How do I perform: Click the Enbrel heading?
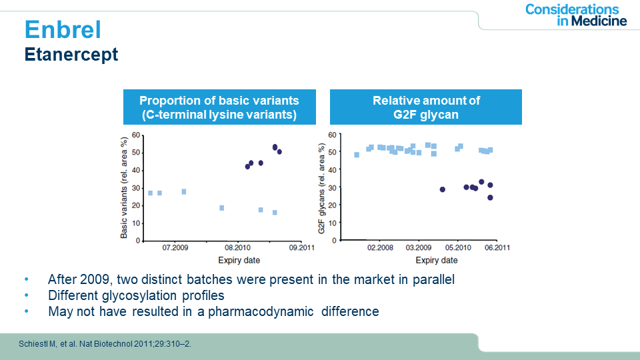click(x=63, y=29)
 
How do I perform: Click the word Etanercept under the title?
click(x=71, y=54)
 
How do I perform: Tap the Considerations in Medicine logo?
click(x=576, y=15)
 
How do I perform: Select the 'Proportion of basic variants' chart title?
click(x=219, y=107)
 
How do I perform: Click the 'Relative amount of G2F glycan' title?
click(x=426, y=107)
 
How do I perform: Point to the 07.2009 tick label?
click(x=175, y=248)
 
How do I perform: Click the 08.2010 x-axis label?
click(x=237, y=248)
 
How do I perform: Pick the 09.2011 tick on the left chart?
click(x=301, y=248)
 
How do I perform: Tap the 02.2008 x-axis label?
click(x=380, y=248)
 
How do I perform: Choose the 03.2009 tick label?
click(x=419, y=248)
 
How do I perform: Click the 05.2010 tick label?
click(x=458, y=248)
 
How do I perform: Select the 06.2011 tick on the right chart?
click(x=497, y=248)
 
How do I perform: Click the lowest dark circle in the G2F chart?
click(x=490, y=197)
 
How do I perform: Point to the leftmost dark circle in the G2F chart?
click(x=443, y=189)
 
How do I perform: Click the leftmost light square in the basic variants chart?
click(x=150, y=193)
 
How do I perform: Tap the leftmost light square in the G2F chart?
click(x=357, y=155)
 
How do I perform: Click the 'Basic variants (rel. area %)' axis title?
click(x=124, y=187)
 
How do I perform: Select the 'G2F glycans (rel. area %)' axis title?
click(x=321, y=189)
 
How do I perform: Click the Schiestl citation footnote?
click(x=105, y=344)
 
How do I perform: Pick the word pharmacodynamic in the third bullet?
click(x=261, y=311)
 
